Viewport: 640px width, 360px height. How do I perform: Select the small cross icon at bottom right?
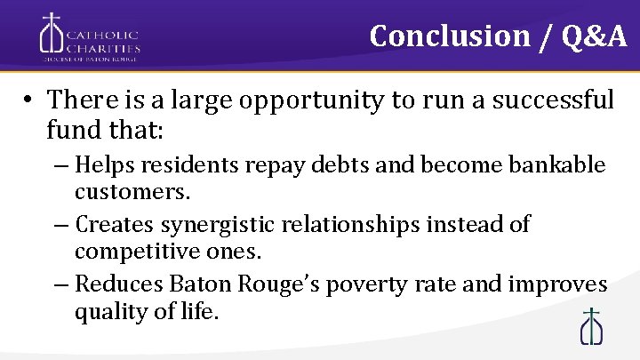[591, 325]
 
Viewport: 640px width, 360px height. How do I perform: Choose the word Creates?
[111, 224]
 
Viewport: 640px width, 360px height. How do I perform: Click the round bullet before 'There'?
[29, 100]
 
